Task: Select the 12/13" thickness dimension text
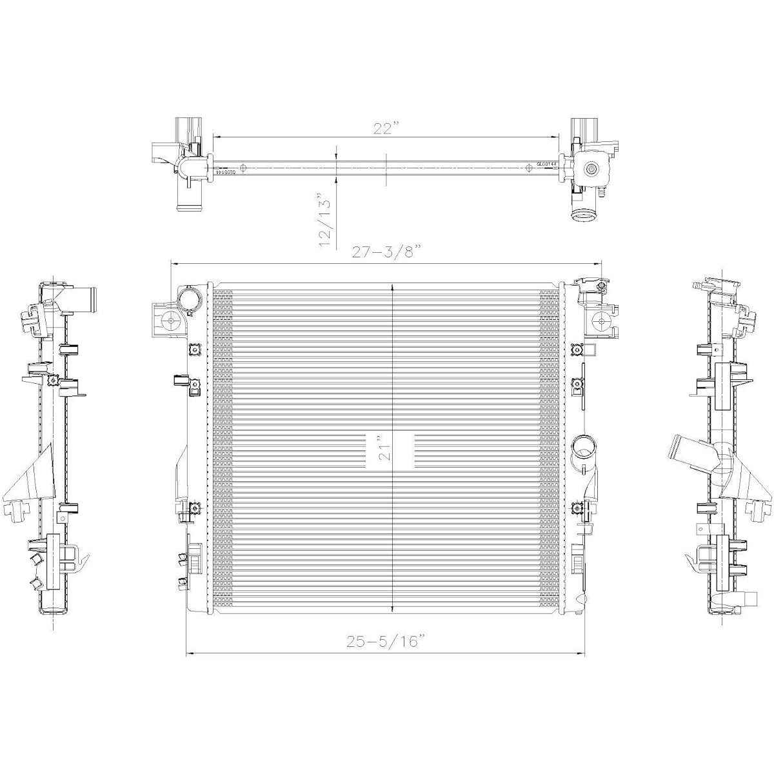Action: pos(328,220)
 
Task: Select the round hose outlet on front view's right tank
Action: pos(584,446)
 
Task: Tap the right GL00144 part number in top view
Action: pos(546,164)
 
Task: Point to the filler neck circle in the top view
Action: pos(591,170)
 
